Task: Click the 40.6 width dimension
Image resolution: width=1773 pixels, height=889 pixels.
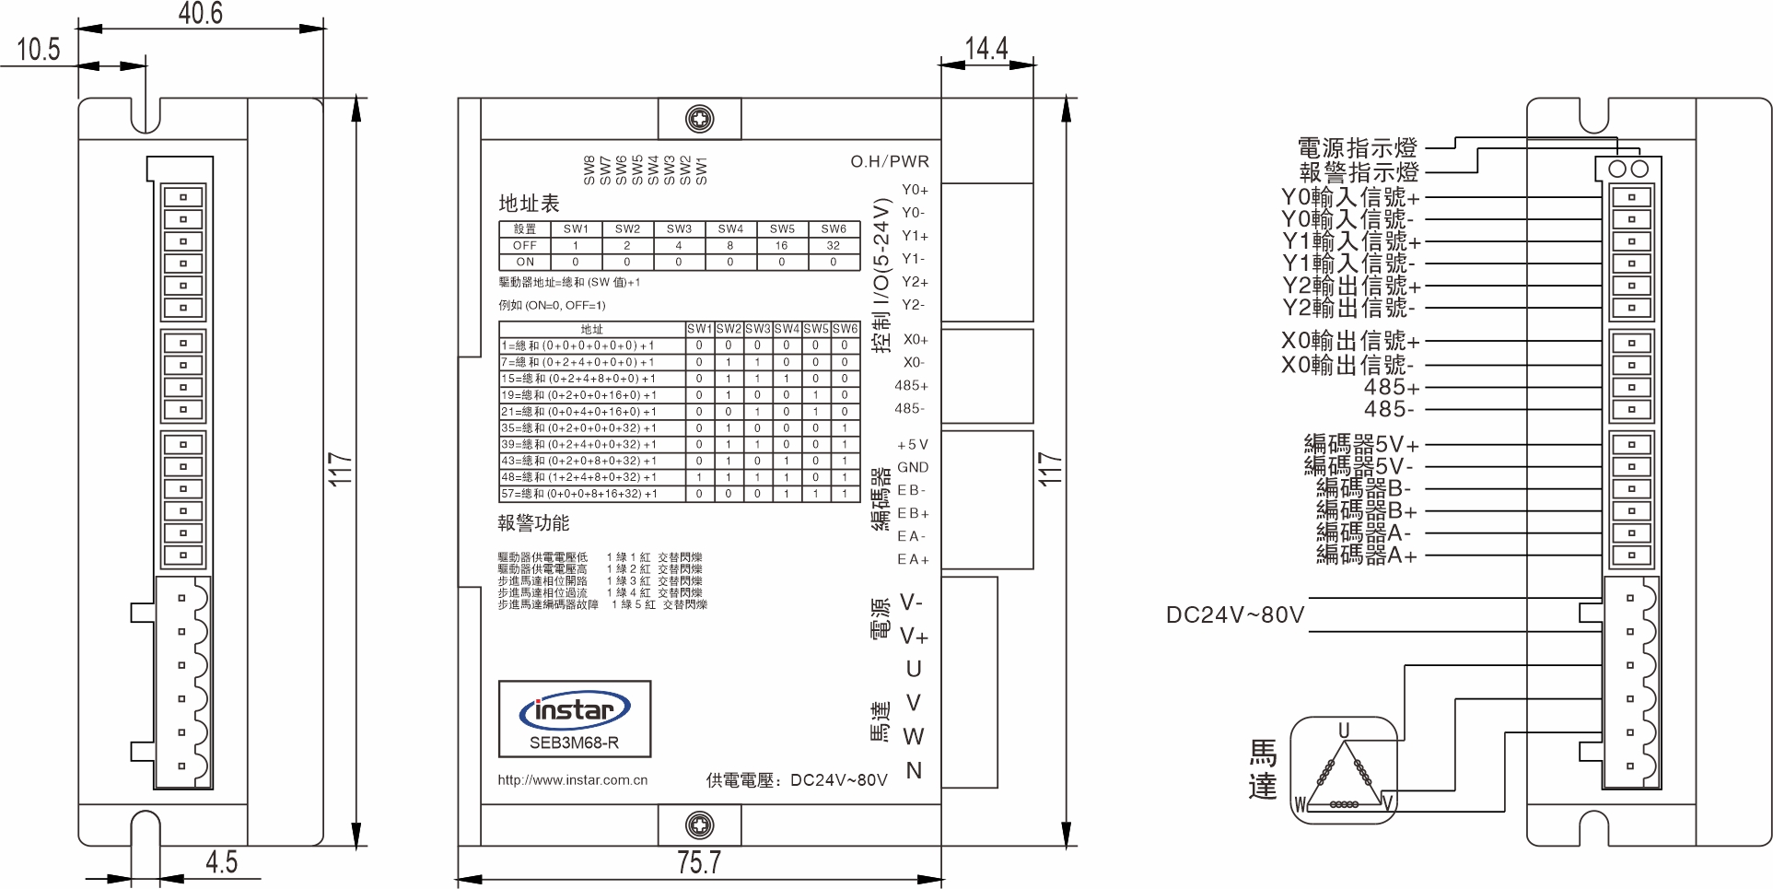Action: coord(200,13)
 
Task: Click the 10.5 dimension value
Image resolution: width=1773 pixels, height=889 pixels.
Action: coord(38,49)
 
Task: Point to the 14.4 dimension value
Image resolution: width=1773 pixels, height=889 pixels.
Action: coord(986,48)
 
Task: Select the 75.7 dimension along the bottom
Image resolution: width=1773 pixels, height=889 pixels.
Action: coord(698,862)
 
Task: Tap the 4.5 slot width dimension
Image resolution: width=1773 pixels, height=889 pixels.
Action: coord(221,862)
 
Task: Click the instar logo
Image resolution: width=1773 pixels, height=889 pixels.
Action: coord(575,710)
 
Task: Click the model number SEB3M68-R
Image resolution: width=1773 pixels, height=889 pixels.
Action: coord(574,743)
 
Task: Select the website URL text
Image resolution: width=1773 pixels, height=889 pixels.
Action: coord(572,780)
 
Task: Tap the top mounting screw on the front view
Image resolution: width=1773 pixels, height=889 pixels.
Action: coord(700,119)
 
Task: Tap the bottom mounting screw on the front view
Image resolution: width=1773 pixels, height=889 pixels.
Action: coord(700,825)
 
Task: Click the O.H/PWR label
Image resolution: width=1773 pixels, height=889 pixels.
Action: coord(889,161)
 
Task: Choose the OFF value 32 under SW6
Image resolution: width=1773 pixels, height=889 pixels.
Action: coord(833,246)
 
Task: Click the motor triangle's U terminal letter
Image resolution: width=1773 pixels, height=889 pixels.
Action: coord(1344,731)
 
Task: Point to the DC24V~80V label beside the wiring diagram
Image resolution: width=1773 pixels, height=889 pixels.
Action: coord(1234,614)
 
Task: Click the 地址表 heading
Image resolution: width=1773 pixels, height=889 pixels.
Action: coord(529,204)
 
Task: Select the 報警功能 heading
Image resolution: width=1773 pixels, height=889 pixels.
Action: coord(533,523)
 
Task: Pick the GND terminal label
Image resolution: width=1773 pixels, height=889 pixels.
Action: coord(913,467)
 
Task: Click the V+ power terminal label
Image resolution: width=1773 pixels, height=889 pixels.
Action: coord(914,637)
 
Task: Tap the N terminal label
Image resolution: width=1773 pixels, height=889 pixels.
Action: coord(914,770)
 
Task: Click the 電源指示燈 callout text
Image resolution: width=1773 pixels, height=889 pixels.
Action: coord(1357,148)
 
